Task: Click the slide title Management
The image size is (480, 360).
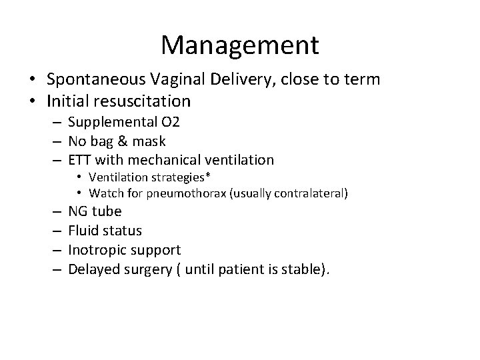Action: point(240,45)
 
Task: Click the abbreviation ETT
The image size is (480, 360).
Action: point(81,159)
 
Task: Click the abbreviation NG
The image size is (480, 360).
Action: point(78,211)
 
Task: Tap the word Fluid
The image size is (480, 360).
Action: point(83,231)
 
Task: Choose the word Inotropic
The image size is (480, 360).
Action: point(96,250)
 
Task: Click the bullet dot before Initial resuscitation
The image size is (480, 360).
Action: point(32,102)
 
